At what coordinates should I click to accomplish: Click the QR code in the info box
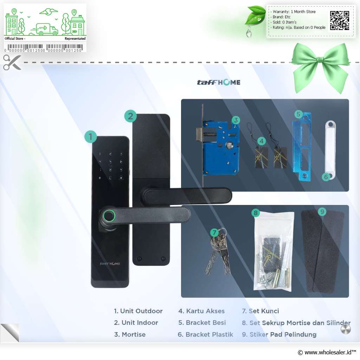tap(340, 20)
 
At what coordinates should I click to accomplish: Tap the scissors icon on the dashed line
tap(12, 62)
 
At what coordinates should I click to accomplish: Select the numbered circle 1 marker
tap(90, 137)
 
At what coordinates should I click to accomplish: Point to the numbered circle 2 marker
tap(130, 116)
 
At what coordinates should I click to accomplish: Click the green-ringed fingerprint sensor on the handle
tap(109, 216)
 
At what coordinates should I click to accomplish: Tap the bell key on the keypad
tap(121, 178)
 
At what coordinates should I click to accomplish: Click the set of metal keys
tap(218, 251)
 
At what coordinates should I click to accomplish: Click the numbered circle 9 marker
tap(322, 211)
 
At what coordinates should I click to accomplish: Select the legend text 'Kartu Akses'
tap(205, 311)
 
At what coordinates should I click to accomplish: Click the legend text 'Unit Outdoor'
tap(141, 311)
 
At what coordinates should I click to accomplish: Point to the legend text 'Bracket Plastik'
tap(209, 335)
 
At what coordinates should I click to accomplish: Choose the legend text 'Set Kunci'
tap(264, 311)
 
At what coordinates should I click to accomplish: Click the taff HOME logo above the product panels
tap(219, 82)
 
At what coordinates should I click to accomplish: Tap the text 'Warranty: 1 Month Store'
tap(294, 12)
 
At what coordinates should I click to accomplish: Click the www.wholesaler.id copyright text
tap(327, 352)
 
